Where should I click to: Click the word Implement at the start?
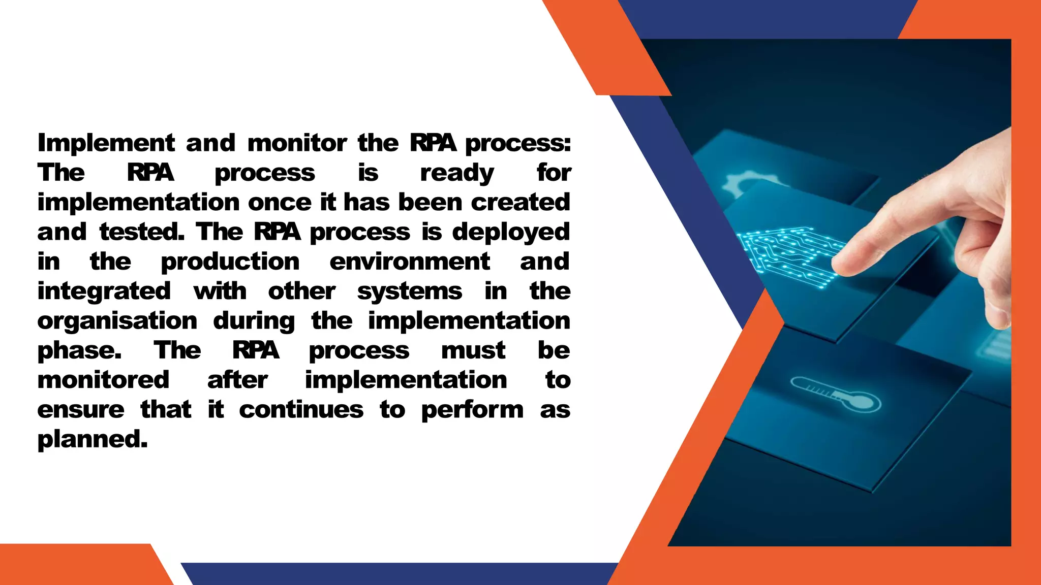click(x=106, y=143)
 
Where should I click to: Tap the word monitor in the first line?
click(x=297, y=143)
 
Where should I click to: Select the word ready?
click(x=456, y=173)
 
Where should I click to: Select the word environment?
click(x=409, y=262)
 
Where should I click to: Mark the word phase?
click(x=79, y=351)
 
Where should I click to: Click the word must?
click(x=473, y=350)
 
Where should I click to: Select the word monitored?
click(x=103, y=380)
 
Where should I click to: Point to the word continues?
click(x=301, y=409)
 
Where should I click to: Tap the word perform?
click(x=472, y=410)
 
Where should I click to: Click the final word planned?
click(x=92, y=439)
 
